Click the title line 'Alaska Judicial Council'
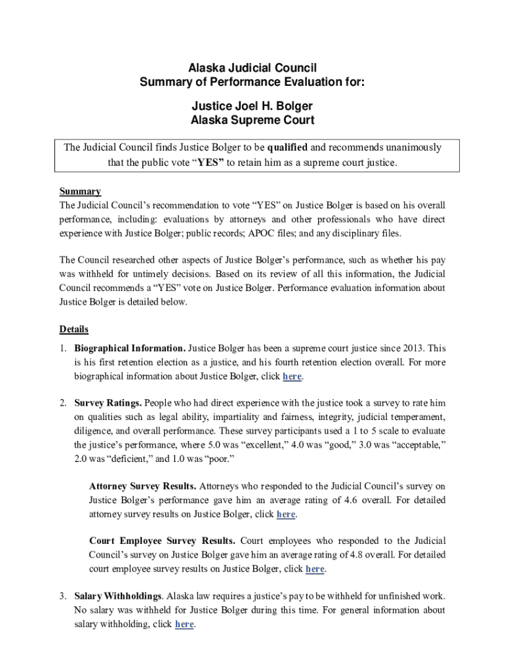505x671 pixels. [253, 68]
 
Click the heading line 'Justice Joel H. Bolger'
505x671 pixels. [253, 105]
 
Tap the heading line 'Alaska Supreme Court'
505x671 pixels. [253, 120]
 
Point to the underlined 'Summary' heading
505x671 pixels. [80, 191]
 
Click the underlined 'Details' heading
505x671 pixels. [74, 329]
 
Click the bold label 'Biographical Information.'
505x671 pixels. [130, 349]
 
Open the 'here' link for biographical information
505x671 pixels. [292, 377]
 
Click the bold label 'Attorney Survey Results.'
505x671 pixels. [142, 486]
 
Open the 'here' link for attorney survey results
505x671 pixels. [286, 514]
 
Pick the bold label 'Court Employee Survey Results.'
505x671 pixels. [162, 541]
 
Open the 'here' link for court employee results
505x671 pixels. [315, 569]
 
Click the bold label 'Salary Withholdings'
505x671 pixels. [118, 596]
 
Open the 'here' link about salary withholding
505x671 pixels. [184, 624]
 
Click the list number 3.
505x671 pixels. [62, 596]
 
